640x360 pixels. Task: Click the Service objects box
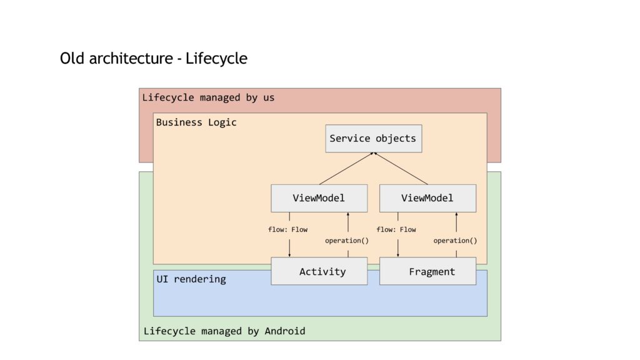click(374, 139)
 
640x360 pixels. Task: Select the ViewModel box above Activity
click(319, 198)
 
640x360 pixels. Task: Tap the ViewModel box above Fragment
click(427, 198)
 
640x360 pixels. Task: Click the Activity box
click(319, 271)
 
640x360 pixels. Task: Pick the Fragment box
click(427, 271)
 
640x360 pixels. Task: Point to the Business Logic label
click(196, 122)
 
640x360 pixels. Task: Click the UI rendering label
click(191, 279)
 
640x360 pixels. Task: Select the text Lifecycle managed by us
click(208, 97)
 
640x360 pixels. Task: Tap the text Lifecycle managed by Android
click(224, 331)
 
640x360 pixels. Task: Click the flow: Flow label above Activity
click(287, 230)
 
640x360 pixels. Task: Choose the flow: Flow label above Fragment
click(396, 230)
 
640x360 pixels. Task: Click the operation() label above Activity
click(347, 241)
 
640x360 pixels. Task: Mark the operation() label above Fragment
click(455, 241)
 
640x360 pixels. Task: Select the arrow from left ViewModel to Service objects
click(346, 169)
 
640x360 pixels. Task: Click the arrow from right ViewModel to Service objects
click(401, 169)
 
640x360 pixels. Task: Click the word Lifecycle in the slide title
click(216, 58)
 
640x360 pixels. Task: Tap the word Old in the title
click(72, 58)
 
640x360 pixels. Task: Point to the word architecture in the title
click(131, 58)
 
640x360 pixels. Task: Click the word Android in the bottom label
click(285, 331)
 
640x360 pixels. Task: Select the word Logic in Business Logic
click(222, 123)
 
